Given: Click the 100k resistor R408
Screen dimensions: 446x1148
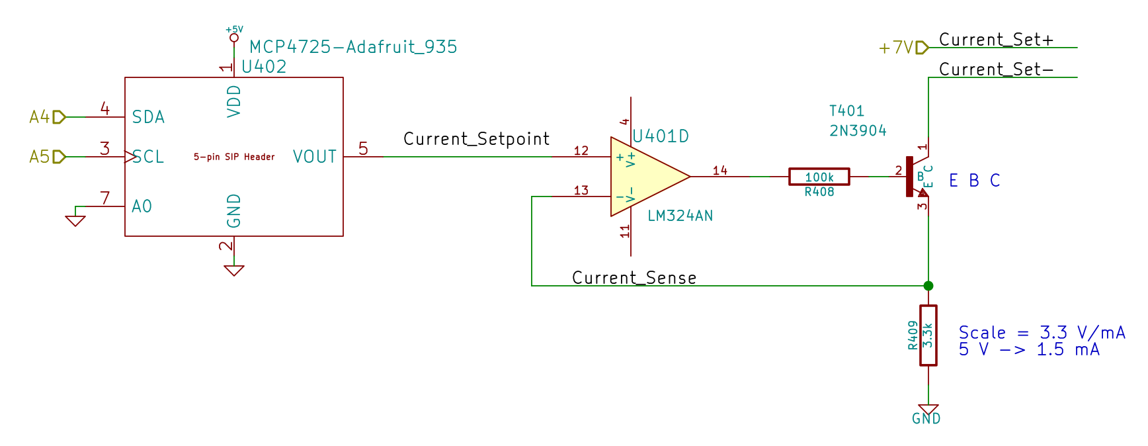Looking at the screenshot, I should pyautogui.click(x=819, y=177).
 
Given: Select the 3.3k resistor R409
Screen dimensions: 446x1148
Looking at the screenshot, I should pyautogui.click(x=928, y=335).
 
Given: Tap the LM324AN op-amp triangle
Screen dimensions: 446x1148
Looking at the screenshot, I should pyautogui.click(x=645, y=177).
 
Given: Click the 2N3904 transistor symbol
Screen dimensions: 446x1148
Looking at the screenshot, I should pyautogui.click(x=916, y=177).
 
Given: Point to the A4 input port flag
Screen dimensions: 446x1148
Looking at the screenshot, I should pyautogui.click(x=58, y=117).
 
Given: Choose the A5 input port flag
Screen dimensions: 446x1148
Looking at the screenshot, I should pyautogui.click(x=58, y=157).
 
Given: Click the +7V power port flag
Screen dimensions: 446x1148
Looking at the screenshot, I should pyautogui.click(x=921, y=48).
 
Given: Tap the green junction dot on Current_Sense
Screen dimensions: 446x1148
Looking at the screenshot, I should pyautogui.click(x=928, y=286).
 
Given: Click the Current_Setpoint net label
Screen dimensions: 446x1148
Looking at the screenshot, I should pyautogui.click(x=476, y=139).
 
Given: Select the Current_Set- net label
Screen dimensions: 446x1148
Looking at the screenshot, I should pyautogui.click(x=996, y=69).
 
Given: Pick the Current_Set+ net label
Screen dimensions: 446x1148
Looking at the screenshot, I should pyautogui.click(x=996, y=40).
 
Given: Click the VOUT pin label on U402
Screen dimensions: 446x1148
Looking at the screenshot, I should pyautogui.click(x=315, y=157).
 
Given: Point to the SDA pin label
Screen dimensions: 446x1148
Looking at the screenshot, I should pyautogui.click(x=148, y=117).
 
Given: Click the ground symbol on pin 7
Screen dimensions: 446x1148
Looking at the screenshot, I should pyautogui.click(x=75, y=220).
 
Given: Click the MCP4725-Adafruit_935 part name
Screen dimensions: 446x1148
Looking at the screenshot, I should pyautogui.click(x=353, y=47).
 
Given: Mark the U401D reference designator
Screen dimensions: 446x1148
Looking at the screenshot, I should pyautogui.click(x=661, y=136).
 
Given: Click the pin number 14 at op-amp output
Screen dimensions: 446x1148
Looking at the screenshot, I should pyautogui.click(x=719, y=171).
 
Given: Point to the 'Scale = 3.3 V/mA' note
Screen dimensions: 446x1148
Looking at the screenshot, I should pyautogui.click(x=1042, y=332).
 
